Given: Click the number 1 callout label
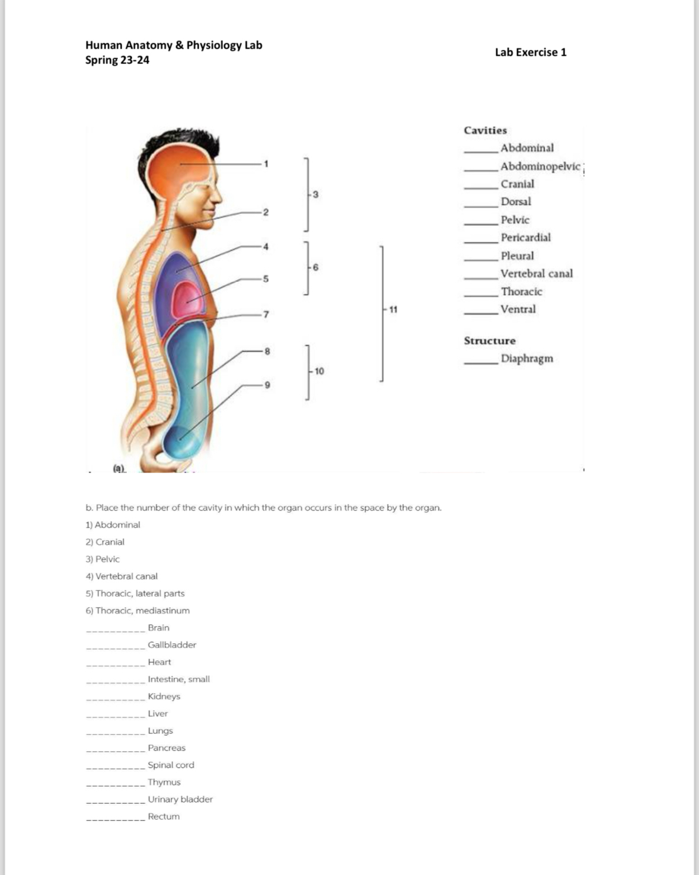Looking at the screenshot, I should click(266, 164).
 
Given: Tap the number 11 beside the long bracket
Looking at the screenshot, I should click(393, 309).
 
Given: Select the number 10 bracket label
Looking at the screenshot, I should click(319, 372).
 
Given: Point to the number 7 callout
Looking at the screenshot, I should click(266, 314).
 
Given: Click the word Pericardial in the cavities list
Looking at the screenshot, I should click(525, 238).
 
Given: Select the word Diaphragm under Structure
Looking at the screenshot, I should click(526, 359).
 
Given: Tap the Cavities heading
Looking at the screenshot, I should click(485, 130).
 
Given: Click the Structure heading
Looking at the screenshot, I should click(490, 341).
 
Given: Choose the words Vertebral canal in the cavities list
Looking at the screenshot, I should click(537, 274).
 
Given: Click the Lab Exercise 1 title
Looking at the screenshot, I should click(531, 52).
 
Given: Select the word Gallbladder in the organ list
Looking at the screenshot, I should click(172, 645).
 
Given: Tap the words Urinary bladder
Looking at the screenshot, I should click(180, 799).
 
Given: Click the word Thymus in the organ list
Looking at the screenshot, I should click(164, 782).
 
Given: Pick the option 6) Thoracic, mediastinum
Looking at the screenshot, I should click(138, 611).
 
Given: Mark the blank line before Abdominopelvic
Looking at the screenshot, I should click(481, 170).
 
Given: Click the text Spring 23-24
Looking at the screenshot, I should click(117, 60).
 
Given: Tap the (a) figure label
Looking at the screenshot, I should click(120, 468).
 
